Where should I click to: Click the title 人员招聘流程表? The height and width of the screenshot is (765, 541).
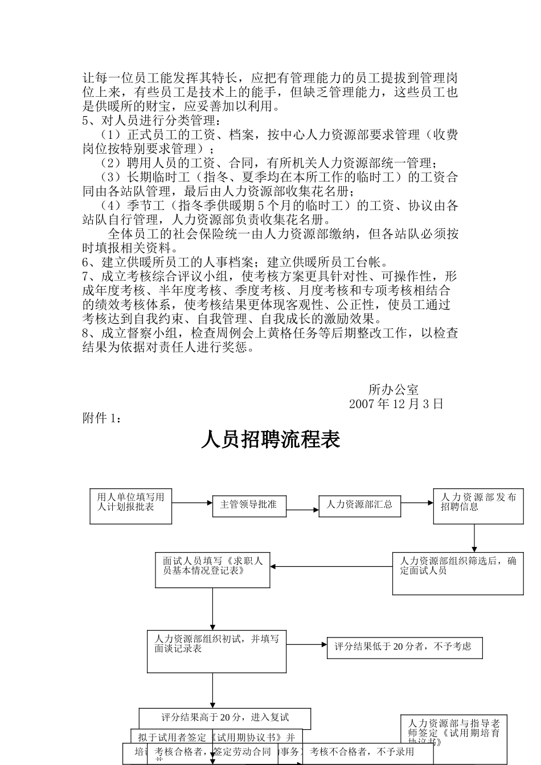[x=270, y=440]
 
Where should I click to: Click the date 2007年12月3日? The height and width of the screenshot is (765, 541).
[x=396, y=404]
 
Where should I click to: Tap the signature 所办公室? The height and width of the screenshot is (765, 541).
[x=394, y=390]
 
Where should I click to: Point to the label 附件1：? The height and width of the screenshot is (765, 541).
[x=102, y=418]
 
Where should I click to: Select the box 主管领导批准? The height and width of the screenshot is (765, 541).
[x=249, y=505]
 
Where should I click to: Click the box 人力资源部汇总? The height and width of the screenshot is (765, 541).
[x=359, y=505]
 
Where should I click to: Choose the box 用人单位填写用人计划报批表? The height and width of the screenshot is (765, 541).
[x=130, y=505]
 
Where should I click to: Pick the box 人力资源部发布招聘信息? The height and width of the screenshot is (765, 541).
[x=478, y=505]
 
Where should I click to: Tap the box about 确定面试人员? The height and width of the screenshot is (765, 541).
[x=457, y=573]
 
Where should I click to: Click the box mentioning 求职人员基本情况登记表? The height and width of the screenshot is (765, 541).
[x=212, y=569]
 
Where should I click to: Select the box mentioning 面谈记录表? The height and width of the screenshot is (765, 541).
[x=216, y=651]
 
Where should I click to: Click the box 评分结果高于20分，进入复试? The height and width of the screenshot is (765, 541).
[x=225, y=718]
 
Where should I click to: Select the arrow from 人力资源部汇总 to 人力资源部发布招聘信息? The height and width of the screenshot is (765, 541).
[x=417, y=503]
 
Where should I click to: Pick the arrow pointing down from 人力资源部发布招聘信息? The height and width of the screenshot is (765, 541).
[x=474, y=538]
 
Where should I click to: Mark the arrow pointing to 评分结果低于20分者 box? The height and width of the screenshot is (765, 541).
[x=307, y=645]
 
